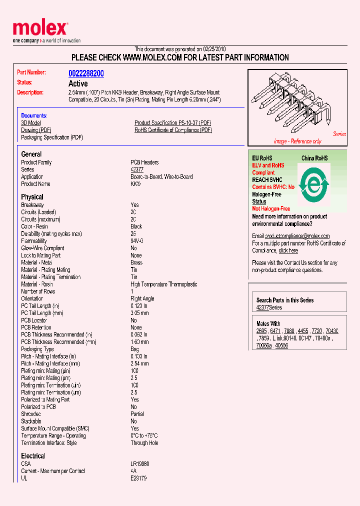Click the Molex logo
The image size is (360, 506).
pyautogui.click(x=40, y=29)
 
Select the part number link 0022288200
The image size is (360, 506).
pyautogui.click(x=86, y=73)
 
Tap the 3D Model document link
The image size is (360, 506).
pyautogui.click(x=31, y=123)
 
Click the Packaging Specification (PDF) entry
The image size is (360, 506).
pyautogui.click(x=52, y=137)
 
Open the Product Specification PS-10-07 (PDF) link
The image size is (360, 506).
pyautogui.click(x=172, y=123)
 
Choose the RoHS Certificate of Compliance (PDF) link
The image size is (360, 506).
pyautogui.click(x=173, y=130)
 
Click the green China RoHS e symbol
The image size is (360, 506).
pyautogui.click(x=313, y=185)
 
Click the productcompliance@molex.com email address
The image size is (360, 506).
pyautogui.click(x=297, y=236)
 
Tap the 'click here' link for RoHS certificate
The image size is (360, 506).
pyautogui.click(x=288, y=250)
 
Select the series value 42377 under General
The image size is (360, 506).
pyautogui.click(x=137, y=169)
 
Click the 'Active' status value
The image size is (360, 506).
pyautogui.click(x=78, y=83)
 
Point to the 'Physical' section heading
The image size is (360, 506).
pyautogui.click(x=32, y=197)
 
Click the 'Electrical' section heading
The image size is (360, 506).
pyautogui.click(x=33, y=456)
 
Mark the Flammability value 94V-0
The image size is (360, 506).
pyautogui.click(x=137, y=241)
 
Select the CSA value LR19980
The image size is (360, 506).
pyautogui.click(x=139, y=464)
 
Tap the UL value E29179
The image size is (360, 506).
pyautogui.click(x=138, y=478)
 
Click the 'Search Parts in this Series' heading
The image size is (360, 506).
pyautogui.click(x=285, y=300)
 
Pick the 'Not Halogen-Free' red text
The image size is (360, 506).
pyautogui.click(x=271, y=208)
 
